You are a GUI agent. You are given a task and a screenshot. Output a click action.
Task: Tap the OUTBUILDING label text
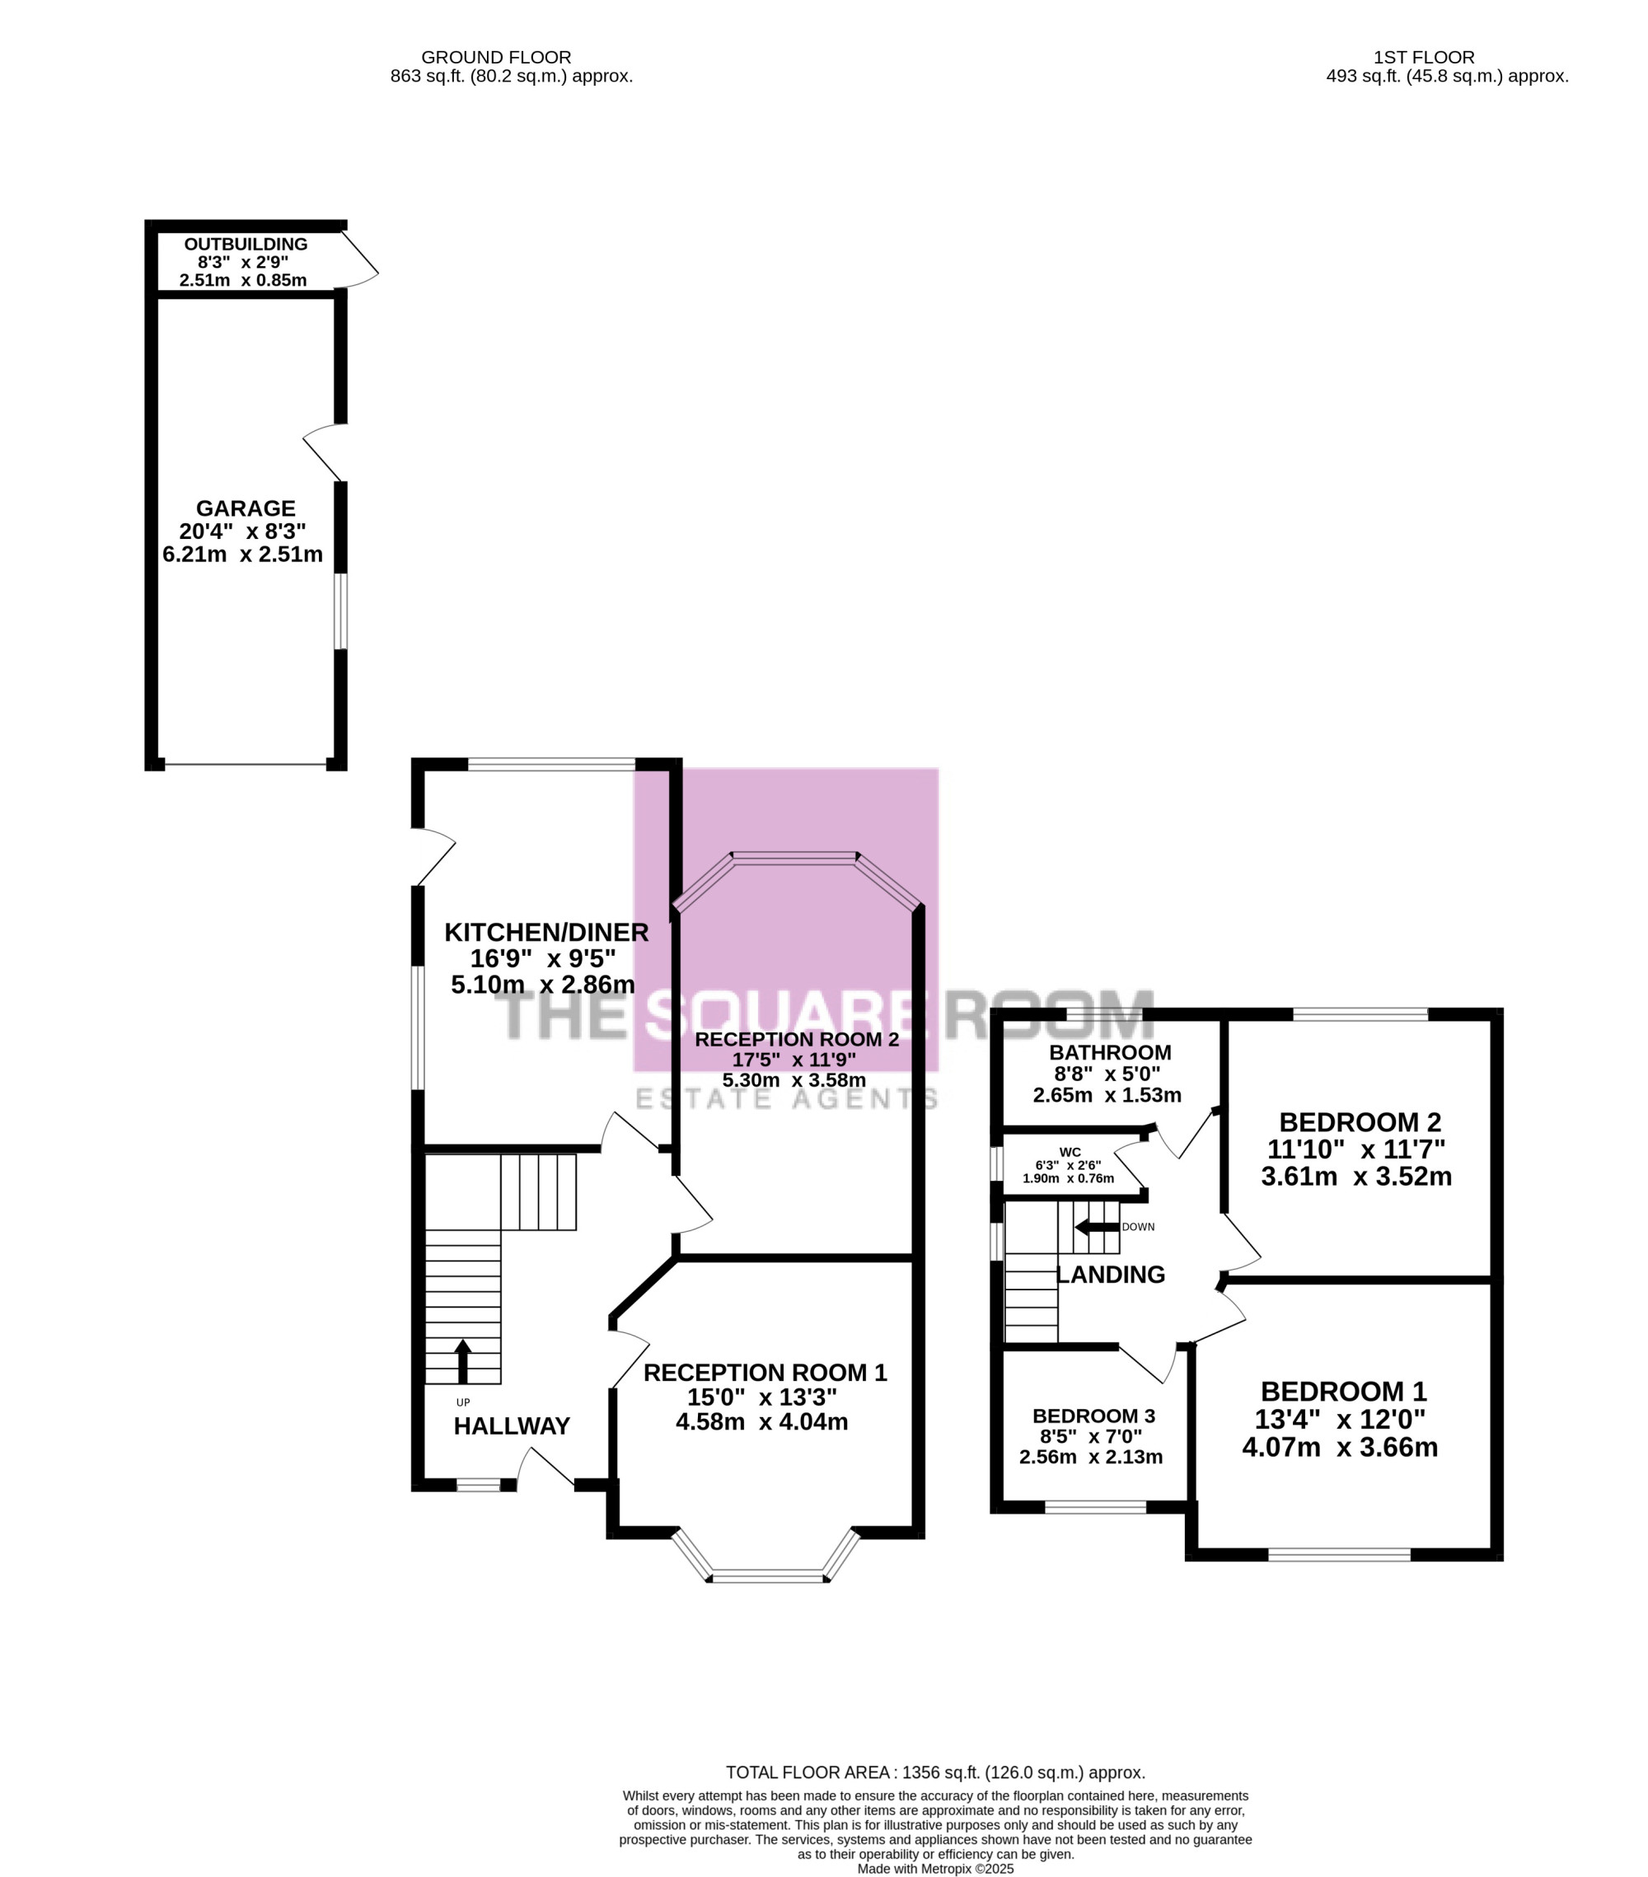(246, 244)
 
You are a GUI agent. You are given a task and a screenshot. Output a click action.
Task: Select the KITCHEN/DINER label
(546, 932)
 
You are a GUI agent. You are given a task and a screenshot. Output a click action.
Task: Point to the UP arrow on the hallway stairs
(463, 1361)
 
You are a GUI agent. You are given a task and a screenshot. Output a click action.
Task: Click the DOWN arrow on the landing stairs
(1096, 1227)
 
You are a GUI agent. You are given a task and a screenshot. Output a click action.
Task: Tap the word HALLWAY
(512, 1426)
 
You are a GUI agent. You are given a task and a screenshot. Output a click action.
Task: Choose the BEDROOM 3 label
(1093, 1416)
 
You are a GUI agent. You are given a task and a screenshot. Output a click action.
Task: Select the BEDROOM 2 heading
(1360, 1122)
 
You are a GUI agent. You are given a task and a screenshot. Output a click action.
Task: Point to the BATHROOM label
(1110, 1052)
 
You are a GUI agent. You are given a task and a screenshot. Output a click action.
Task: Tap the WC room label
(1070, 1153)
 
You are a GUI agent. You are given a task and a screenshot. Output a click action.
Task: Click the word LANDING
(1111, 1275)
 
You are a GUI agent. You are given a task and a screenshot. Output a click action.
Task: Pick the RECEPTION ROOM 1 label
(765, 1373)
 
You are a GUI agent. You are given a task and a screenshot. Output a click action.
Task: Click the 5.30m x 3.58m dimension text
(794, 1080)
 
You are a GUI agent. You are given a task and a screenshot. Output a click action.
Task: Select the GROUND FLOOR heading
(496, 57)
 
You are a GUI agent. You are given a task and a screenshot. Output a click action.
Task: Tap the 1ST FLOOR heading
(1424, 57)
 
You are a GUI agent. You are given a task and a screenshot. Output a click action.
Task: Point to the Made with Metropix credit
(935, 1869)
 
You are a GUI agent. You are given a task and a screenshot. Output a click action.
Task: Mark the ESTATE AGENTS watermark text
(787, 1098)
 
